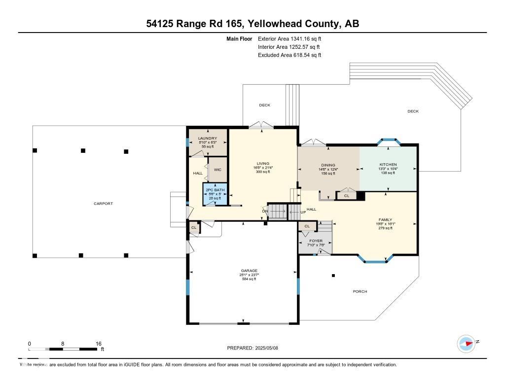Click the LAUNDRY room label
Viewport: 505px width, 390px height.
pos(207,139)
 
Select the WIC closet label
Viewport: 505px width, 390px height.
pos(217,170)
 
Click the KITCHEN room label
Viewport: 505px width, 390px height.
pos(388,165)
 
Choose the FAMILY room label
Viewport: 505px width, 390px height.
pos(385,220)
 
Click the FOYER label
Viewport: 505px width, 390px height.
pos(316,241)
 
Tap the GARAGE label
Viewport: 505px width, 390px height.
pos(249,271)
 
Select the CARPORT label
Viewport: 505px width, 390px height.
pos(104,204)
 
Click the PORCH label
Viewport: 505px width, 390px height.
pos(360,291)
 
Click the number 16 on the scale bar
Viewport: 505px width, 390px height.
pos(99,344)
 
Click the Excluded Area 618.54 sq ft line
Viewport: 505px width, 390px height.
pos(289,55)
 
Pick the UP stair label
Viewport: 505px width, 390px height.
pos(296,213)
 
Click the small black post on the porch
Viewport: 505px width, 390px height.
pos(333,276)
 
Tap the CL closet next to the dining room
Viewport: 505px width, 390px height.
pos(346,196)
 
